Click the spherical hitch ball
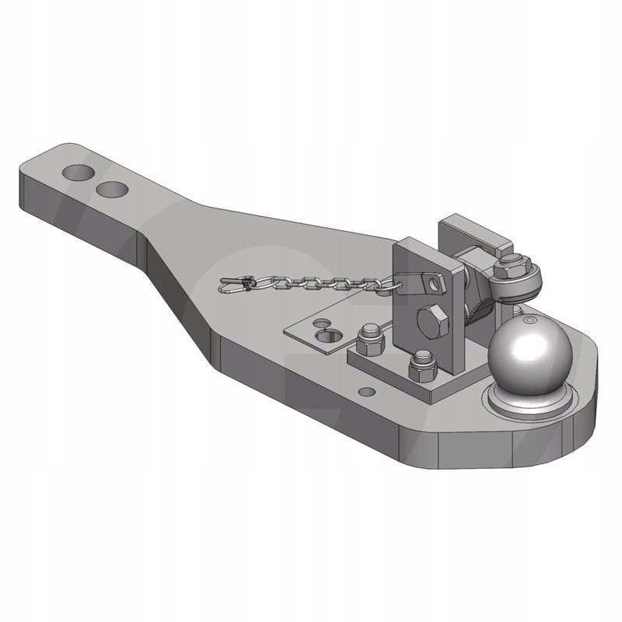click(x=530, y=357)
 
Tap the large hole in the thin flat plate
click(x=331, y=336)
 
